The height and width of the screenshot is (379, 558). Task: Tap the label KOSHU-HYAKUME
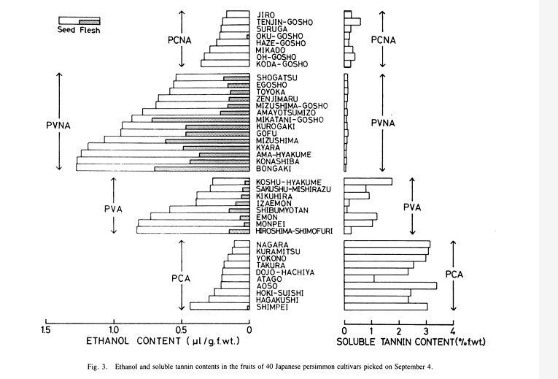pos(287,182)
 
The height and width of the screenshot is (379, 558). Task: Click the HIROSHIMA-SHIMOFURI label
pos(294,231)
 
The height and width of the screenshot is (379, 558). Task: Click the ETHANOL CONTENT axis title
pos(133,341)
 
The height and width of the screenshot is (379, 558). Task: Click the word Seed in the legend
pos(68,30)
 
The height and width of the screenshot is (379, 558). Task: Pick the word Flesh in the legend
pos(90,30)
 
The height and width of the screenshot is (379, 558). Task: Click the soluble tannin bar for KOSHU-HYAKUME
pos(368,182)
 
